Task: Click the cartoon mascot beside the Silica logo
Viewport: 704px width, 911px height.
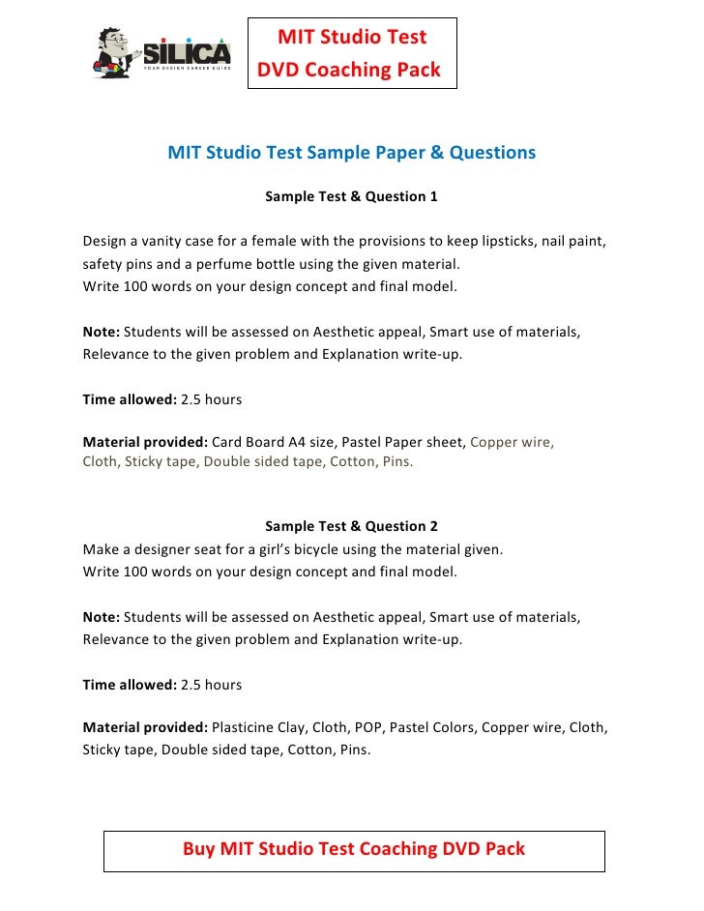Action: [x=115, y=51]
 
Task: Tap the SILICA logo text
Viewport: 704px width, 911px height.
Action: [x=188, y=50]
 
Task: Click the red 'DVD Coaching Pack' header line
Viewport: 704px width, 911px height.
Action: [x=349, y=70]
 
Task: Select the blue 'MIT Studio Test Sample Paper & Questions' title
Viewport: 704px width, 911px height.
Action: [x=351, y=153]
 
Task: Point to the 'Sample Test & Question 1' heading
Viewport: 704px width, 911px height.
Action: [x=351, y=196]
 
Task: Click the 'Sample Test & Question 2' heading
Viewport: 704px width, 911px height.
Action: [x=351, y=526]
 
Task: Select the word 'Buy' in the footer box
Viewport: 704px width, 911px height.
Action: [x=199, y=849]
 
